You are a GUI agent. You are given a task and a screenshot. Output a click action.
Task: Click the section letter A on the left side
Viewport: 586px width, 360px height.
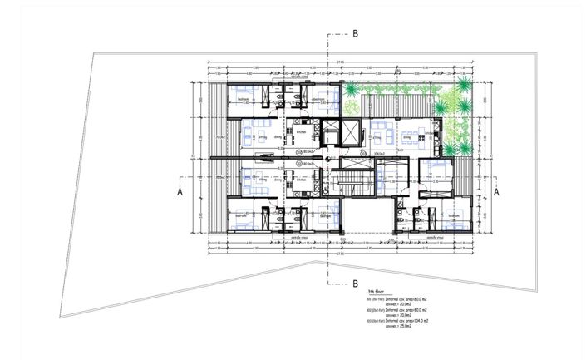pyautogui.click(x=179, y=191)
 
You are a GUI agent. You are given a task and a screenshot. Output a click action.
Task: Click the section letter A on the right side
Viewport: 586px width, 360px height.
pyautogui.click(x=496, y=191)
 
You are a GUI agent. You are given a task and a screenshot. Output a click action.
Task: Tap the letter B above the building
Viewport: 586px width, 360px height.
pyautogui.click(x=355, y=34)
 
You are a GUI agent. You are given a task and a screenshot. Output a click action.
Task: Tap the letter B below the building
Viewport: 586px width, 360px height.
pyautogui.click(x=355, y=283)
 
